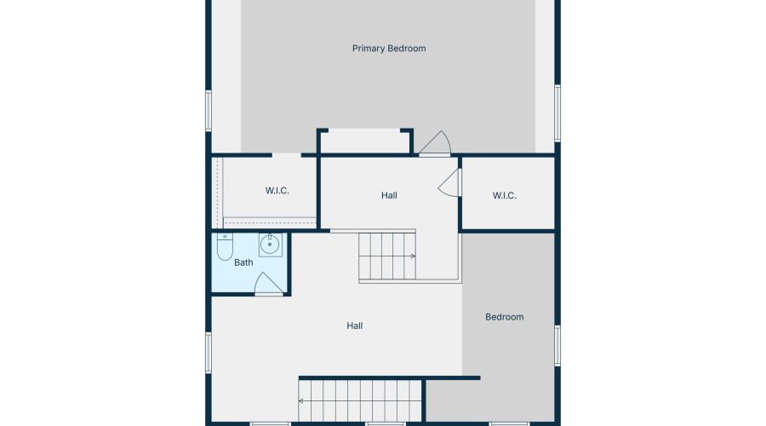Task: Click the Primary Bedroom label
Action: click(x=389, y=49)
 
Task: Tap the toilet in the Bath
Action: click(x=225, y=248)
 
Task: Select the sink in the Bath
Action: click(x=270, y=245)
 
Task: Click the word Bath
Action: click(x=243, y=262)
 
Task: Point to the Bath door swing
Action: click(x=267, y=284)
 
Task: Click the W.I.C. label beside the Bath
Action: click(x=277, y=191)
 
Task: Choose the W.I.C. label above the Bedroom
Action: click(x=504, y=196)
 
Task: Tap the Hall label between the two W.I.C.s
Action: click(x=389, y=196)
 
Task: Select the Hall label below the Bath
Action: click(x=355, y=325)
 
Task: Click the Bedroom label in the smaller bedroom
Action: click(x=504, y=317)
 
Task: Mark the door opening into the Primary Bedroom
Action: click(x=435, y=144)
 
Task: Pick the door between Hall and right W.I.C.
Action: click(x=450, y=181)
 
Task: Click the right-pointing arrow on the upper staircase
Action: click(x=412, y=256)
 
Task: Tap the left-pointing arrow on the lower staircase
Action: click(x=302, y=400)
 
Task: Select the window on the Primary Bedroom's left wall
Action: click(x=208, y=111)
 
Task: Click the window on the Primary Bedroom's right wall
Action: click(x=557, y=112)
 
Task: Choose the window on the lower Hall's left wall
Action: click(x=208, y=352)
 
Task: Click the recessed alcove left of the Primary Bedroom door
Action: click(x=365, y=141)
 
